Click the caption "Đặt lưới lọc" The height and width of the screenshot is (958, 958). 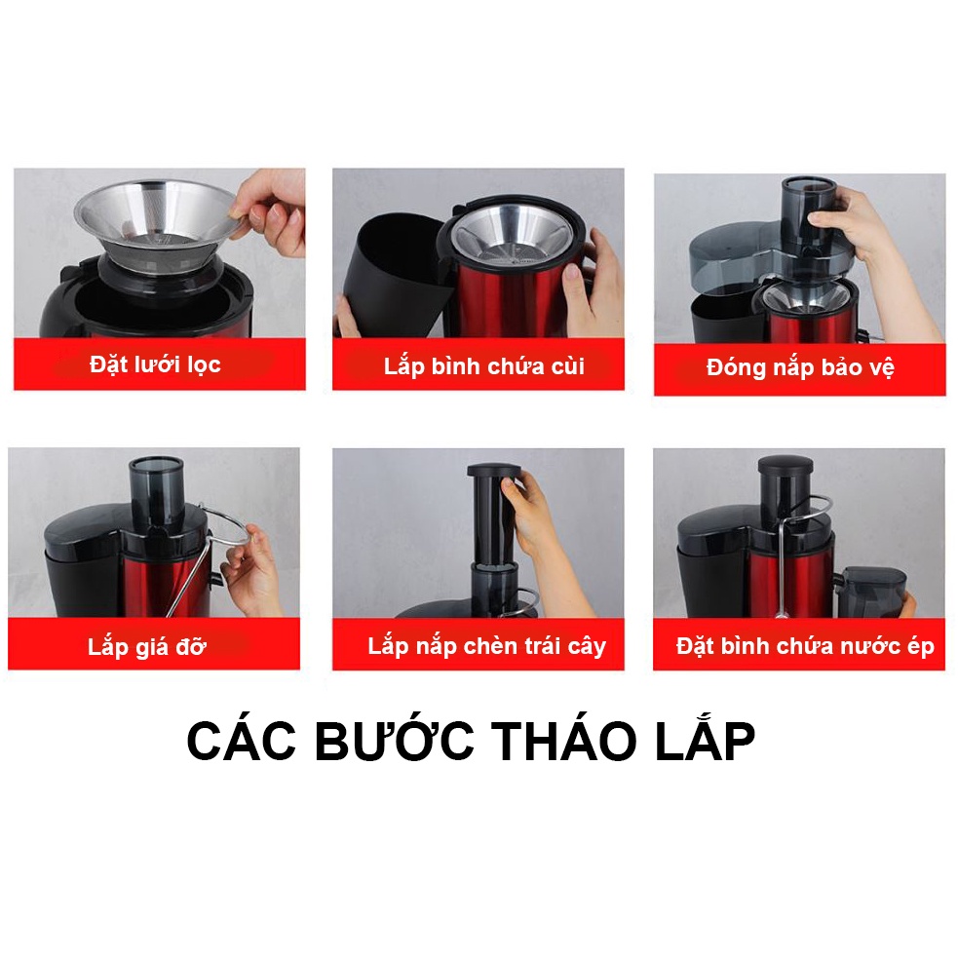coord(155,365)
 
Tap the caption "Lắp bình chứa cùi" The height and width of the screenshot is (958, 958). coord(483,366)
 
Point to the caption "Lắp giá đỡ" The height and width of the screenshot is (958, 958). coord(147,646)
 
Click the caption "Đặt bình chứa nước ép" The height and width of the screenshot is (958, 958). coord(805,646)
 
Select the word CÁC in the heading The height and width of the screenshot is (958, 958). coord(245,744)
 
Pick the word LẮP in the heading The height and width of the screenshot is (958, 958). coord(709,744)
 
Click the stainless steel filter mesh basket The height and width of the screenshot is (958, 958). coord(156,219)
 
